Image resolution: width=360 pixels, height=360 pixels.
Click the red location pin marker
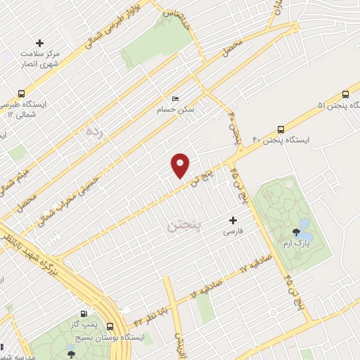pyautogui.click(x=181, y=165)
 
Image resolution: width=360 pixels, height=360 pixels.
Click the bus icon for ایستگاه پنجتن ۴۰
pyautogui.click(x=281, y=129)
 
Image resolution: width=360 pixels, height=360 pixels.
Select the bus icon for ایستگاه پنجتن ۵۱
pyautogui.click(x=345, y=94)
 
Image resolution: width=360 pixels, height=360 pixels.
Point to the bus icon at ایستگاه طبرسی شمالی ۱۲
pyautogui.click(x=22, y=94)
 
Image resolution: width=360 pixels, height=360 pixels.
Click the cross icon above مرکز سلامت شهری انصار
pyautogui.click(x=40, y=44)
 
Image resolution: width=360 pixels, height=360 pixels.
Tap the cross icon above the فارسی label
pyautogui.click(x=233, y=220)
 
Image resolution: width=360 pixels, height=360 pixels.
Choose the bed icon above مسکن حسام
pyautogui.click(x=176, y=99)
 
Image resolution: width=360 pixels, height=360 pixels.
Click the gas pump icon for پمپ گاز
pyautogui.click(x=85, y=314)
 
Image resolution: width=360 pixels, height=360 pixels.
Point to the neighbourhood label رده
pyautogui.click(x=94, y=131)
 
